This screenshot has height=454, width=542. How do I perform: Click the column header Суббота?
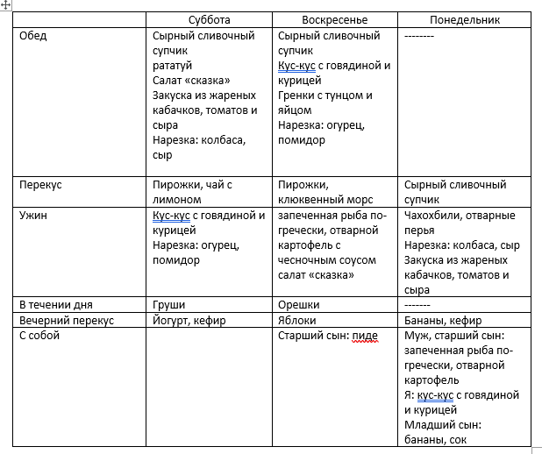(210, 20)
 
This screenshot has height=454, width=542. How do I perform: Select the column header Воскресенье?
(336, 20)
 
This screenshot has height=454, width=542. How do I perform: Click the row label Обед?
(33, 36)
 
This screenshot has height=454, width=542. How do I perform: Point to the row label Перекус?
(40, 185)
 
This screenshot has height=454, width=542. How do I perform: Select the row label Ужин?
(34, 215)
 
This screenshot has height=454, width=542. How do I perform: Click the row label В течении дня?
(56, 305)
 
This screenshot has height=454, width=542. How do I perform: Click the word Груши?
(168, 305)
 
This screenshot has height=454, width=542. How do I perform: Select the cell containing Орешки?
(299, 305)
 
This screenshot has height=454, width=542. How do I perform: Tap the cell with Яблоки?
(298, 320)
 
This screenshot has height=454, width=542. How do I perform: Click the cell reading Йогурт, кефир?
(189, 320)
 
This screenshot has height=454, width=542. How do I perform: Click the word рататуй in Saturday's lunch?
(173, 66)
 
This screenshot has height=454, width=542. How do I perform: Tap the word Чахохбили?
(437, 215)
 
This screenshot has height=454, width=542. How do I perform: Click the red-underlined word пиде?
(366, 335)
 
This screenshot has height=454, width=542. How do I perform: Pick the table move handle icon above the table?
(6, 5)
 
